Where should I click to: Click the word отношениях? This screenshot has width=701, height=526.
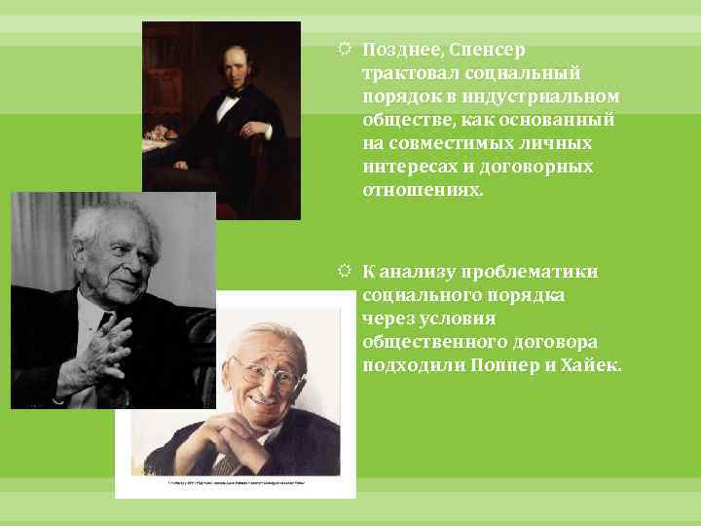coord(422,190)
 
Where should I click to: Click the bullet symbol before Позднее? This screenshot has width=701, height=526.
coord(347,49)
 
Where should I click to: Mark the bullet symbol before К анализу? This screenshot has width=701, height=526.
coord(347,271)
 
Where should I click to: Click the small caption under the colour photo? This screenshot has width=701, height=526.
coord(236,482)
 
